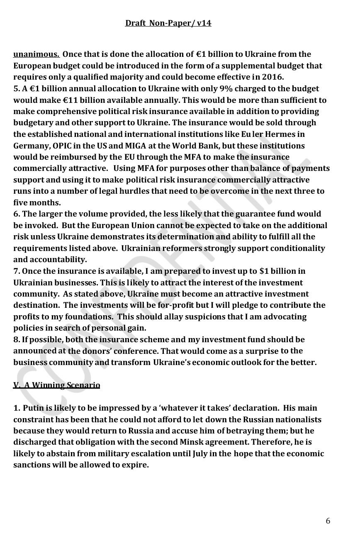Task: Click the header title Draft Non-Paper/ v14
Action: coord(168,23)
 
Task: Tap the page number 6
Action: coord(328,521)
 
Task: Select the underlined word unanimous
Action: coord(36,54)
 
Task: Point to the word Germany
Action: coord(30,146)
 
